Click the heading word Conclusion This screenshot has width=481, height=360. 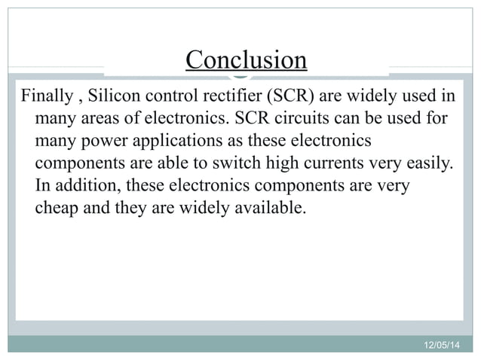tap(247, 59)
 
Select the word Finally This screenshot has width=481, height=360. tap(47, 98)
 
